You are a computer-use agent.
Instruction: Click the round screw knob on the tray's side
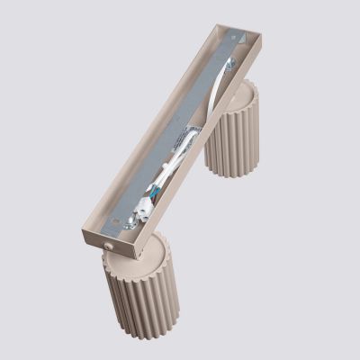(109, 243)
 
